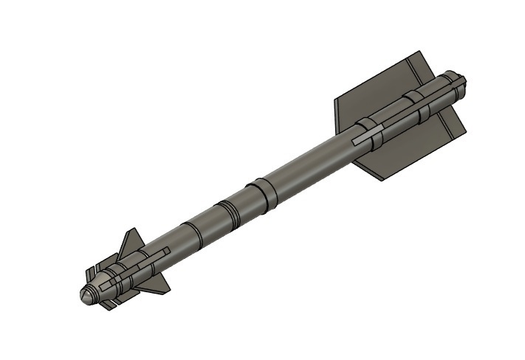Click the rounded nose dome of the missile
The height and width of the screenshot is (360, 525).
(x=86, y=293)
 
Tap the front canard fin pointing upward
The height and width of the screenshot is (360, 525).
(x=133, y=241)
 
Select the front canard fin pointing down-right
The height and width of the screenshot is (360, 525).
(x=157, y=281)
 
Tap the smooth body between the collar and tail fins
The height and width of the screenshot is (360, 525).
(x=310, y=162)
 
